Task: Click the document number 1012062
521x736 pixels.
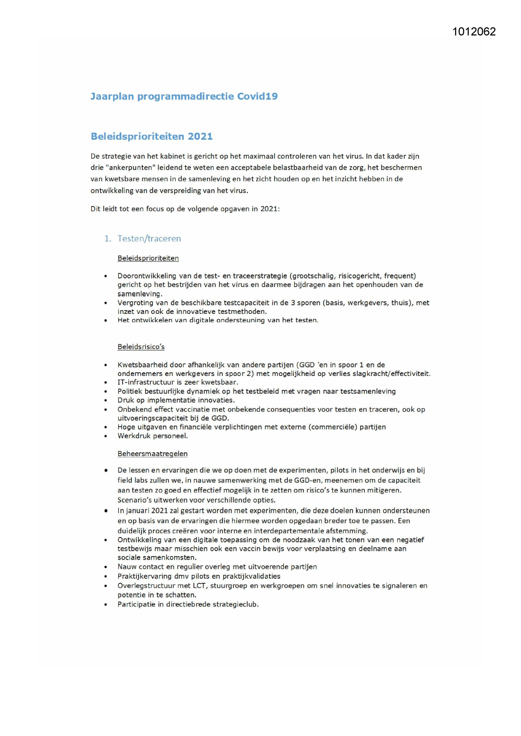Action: pos(474,32)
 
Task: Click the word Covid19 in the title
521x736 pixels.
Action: pos(257,97)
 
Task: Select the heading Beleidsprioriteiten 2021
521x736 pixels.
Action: pos(152,136)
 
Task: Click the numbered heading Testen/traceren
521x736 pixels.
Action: pos(149,238)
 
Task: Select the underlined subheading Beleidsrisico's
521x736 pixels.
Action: pos(141,347)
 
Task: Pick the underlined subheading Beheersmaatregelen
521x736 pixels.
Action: pos(152,454)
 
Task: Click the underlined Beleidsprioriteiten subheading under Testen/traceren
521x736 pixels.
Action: pos(148,258)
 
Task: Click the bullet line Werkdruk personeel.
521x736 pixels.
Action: pos(152,436)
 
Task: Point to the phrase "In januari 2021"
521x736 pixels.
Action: pos(142,511)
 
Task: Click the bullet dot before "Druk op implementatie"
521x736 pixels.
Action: pos(106,401)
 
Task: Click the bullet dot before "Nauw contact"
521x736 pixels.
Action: pos(106,567)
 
